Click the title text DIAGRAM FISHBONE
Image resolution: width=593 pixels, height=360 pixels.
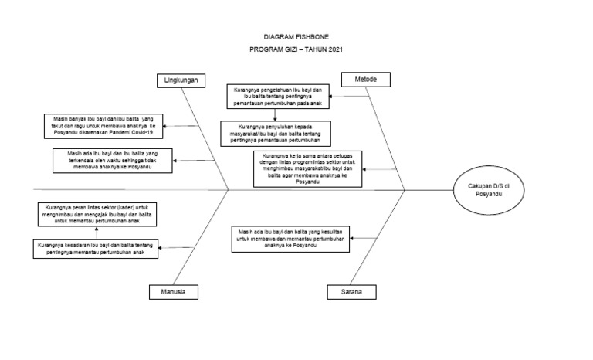[296, 36]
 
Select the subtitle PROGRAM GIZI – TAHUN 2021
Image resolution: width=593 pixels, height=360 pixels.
[296, 49]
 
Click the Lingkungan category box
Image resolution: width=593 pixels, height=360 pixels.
[183, 80]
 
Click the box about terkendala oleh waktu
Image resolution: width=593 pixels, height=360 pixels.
[111, 161]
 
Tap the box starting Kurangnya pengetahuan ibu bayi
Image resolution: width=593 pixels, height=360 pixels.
[279, 97]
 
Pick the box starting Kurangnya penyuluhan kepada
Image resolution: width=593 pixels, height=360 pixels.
[274, 132]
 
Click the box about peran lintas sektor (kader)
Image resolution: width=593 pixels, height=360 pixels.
[97, 214]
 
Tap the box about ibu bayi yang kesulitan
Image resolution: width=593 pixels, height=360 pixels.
[289, 238]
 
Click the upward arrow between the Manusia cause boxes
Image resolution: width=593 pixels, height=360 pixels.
[97, 233]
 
